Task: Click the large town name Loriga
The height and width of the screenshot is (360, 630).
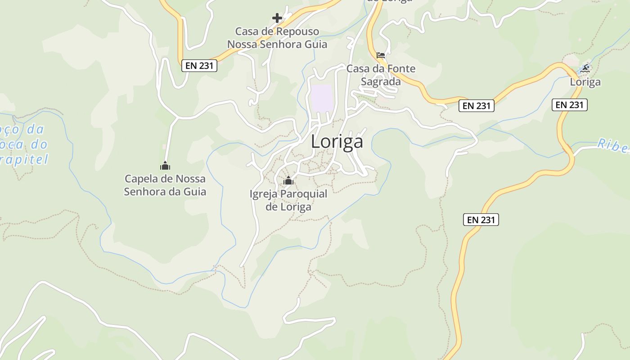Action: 337,142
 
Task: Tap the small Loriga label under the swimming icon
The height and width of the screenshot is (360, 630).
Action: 585,82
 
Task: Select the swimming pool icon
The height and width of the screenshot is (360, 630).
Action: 585,68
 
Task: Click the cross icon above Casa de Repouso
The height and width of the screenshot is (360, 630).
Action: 277,18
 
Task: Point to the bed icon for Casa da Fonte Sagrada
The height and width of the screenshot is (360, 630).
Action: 381,56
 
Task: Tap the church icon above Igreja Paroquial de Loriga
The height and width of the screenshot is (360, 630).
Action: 288,181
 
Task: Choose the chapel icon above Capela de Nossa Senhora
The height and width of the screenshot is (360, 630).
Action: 165,166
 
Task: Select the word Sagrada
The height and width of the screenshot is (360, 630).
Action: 381,82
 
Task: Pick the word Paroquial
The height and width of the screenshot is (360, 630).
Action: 304,194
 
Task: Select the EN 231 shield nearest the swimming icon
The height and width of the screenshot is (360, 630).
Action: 569,105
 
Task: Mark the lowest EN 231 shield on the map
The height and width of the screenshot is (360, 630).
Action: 481,220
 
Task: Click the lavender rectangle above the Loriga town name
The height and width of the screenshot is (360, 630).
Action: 322,98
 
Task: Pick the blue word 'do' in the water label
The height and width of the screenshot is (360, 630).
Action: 39,144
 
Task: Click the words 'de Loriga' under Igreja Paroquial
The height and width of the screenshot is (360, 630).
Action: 288,207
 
